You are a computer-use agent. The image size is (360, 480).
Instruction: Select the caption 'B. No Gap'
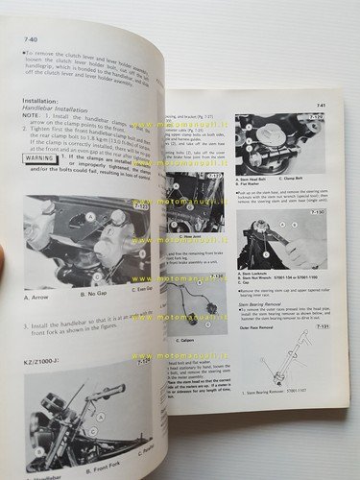click(90, 291)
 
